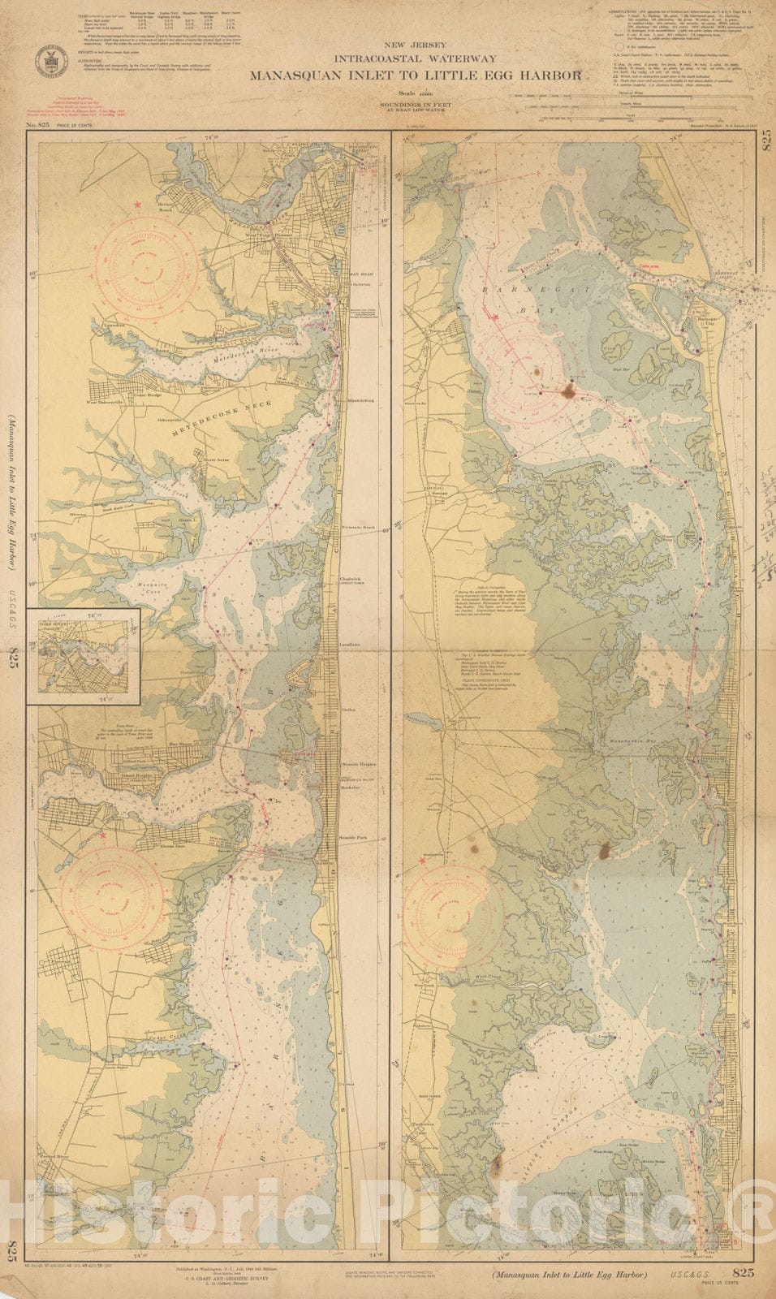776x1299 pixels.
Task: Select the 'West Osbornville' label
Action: [106, 401]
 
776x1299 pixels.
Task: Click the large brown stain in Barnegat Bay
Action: [568, 392]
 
